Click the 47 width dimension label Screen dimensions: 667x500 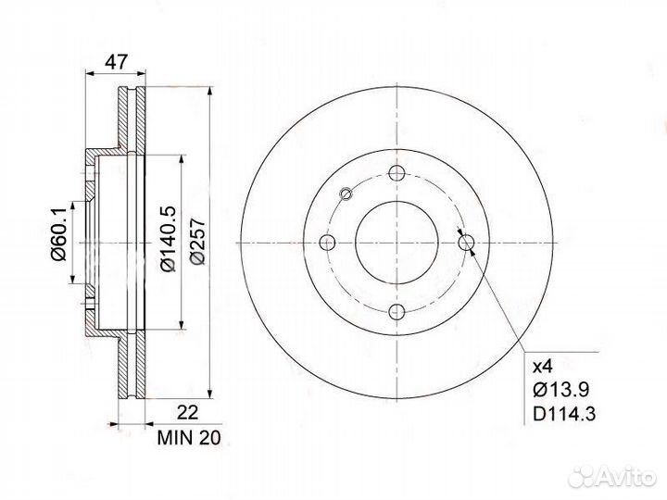pyautogui.click(x=116, y=62)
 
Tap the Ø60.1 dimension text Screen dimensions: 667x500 pyautogui.click(x=58, y=234)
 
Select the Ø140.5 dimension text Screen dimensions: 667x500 pyautogui.click(x=168, y=239)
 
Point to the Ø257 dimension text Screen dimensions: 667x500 pyautogui.click(x=198, y=242)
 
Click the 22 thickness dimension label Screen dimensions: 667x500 pyautogui.click(x=187, y=412)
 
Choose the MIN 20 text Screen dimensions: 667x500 pyautogui.click(x=189, y=438)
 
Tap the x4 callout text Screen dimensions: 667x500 pyautogui.click(x=542, y=366)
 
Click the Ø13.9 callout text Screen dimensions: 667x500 pyautogui.click(x=561, y=390)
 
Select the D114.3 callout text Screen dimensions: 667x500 pyautogui.click(x=564, y=413)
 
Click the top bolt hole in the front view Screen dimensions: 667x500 pyautogui.click(x=396, y=173)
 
